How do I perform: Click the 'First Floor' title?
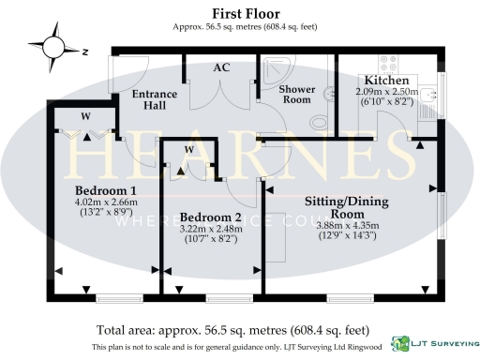238,12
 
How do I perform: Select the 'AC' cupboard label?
221,67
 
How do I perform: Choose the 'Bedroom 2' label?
210,217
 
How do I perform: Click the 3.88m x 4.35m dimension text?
352,224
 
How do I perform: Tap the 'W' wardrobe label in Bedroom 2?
188,150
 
